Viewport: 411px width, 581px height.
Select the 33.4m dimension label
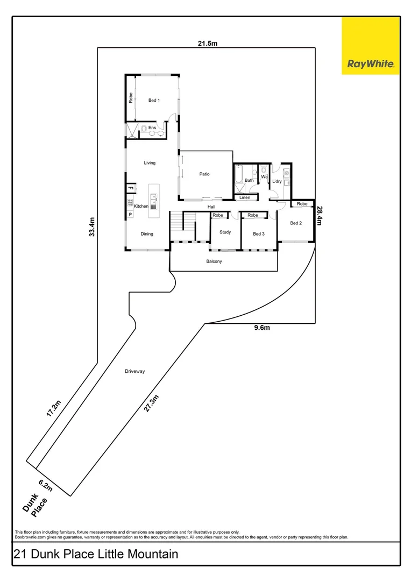92,226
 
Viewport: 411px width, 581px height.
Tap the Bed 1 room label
154,100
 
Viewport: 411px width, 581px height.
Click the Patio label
204,174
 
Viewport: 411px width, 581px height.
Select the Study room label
225,232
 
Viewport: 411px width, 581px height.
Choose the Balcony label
214,261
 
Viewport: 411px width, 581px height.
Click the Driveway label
135,371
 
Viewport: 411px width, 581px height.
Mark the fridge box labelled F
130,188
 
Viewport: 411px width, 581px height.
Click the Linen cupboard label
245,197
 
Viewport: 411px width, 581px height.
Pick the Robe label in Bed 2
302,204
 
